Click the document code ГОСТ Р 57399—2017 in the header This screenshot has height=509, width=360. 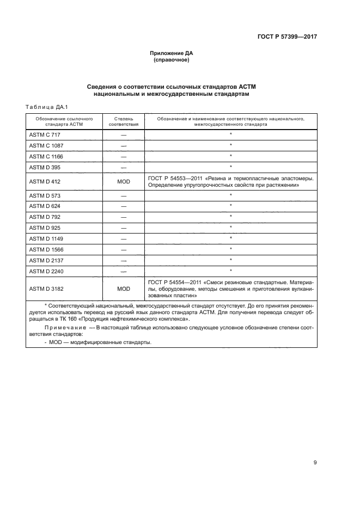287,37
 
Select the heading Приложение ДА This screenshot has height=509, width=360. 172,53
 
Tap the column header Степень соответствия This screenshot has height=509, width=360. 124,121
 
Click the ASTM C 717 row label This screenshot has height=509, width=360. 42,134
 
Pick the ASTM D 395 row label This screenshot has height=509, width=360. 42,167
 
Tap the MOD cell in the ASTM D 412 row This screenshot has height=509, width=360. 124,182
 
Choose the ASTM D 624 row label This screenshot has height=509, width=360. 42,205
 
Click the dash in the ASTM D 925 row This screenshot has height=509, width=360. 124,227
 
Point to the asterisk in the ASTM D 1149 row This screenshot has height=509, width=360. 231,238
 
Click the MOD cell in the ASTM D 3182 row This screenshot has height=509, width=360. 124,289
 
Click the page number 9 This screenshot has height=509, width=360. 315,463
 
